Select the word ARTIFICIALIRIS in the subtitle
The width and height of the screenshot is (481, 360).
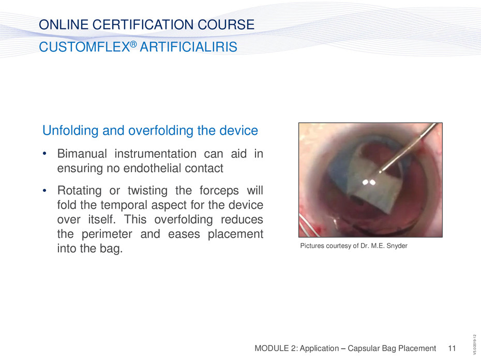coord(188,47)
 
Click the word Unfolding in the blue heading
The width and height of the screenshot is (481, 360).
coord(70,131)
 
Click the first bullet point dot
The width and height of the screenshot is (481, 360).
coord(44,154)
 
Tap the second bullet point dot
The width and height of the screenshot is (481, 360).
coord(44,190)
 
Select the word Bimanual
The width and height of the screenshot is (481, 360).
coord(82,154)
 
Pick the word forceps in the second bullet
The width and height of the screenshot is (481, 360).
coord(219,190)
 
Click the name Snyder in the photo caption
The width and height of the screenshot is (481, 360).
coord(397,246)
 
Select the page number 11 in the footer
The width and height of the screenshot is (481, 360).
coord(452,348)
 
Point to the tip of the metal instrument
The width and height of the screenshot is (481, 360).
coord(380,172)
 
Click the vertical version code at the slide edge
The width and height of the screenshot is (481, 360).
coord(474,344)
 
